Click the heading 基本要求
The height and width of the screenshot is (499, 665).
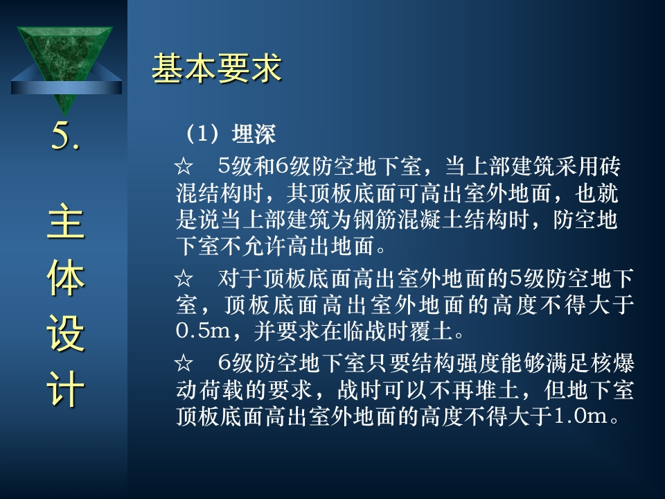click(216, 68)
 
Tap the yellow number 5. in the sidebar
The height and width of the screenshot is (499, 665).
click(65, 136)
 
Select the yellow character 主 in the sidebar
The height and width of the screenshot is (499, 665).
click(65, 221)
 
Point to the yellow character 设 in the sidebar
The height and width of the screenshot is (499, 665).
click(65, 333)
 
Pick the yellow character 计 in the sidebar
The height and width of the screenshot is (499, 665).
click(65, 389)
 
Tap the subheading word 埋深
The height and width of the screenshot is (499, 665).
click(254, 134)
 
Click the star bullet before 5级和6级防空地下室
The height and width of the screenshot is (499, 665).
click(184, 166)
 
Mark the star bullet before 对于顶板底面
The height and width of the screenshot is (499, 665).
click(184, 279)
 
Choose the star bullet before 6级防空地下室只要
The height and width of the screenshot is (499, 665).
click(184, 363)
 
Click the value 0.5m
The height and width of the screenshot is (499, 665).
click(203, 331)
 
